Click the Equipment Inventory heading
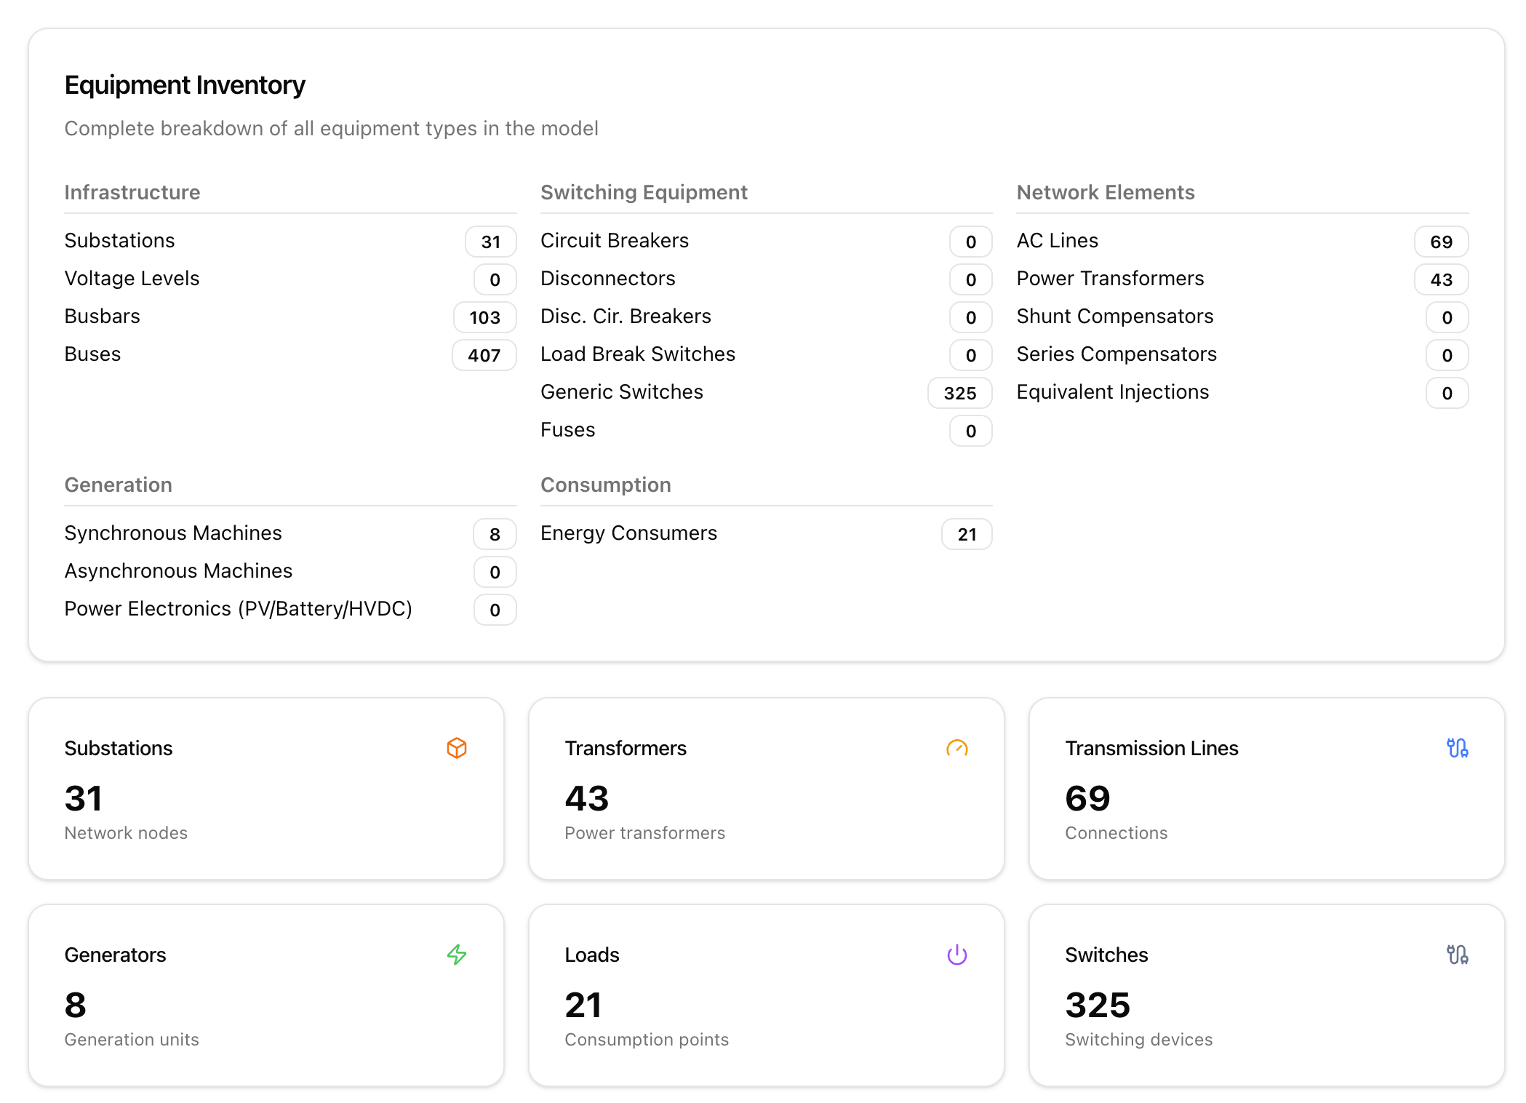[x=185, y=85]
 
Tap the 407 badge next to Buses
[x=484, y=355]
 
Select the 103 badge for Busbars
[x=484, y=317]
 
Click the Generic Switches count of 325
[x=959, y=393]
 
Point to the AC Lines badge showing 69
[x=1440, y=242]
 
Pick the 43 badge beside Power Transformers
[x=1440, y=279]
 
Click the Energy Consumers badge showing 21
[x=966, y=534]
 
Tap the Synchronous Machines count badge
[x=495, y=534]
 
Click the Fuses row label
[x=567, y=430]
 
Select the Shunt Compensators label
[x=1114, y=316]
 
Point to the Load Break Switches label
[x=637, y=354]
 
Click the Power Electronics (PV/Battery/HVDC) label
[x=238, y=609]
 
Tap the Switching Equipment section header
[x=644, y=192]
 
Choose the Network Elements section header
[x=1105, y=192]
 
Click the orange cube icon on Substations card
[x=457, y=748]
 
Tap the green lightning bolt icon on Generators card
[x=457, y=955]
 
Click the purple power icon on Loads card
[x=956, y=955]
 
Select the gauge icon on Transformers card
[x=956, y=748]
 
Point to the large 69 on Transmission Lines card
[x=1087, y=799]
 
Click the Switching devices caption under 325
[x=1138, y=1040]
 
